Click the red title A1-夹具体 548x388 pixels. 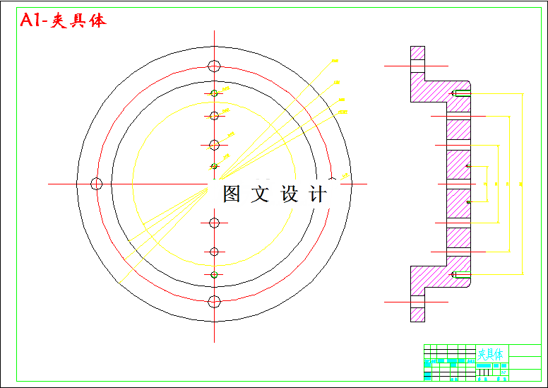tap(64, 21)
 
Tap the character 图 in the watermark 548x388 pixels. tap(232, 194)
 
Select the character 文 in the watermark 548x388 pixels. tap(261, 194)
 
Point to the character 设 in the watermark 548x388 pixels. tap(290, 194)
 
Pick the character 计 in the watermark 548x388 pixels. tap(318, 194)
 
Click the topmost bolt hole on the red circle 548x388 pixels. tap(215, 66)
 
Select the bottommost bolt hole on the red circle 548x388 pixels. tap(215, 302)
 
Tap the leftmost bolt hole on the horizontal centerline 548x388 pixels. tap(97, 184)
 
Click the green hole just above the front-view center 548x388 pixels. tap(215, 167)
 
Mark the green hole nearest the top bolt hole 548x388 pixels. tap(215, 94)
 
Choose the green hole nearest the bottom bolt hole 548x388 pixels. tap(215, 275)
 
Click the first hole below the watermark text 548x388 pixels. tap(215, 223)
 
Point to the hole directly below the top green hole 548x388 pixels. tap(215, 116)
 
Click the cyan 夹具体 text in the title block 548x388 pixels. tap(490, 353)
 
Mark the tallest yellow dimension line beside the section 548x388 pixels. tap(522, 184)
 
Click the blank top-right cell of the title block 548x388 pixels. tap(525, 351)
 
